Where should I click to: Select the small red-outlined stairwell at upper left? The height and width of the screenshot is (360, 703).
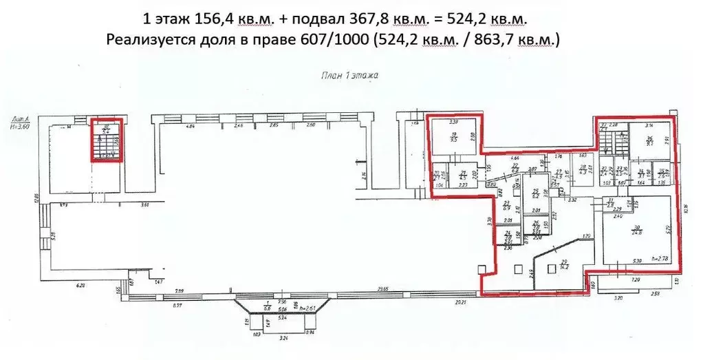pos(106,140)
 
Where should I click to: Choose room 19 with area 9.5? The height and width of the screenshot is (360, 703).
pos(453,137)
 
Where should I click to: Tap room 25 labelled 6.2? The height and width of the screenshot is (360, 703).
pos(535,193)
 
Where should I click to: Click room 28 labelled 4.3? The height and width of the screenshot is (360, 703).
pos(583,169)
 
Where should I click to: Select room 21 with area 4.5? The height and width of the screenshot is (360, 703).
pos(464,175)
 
